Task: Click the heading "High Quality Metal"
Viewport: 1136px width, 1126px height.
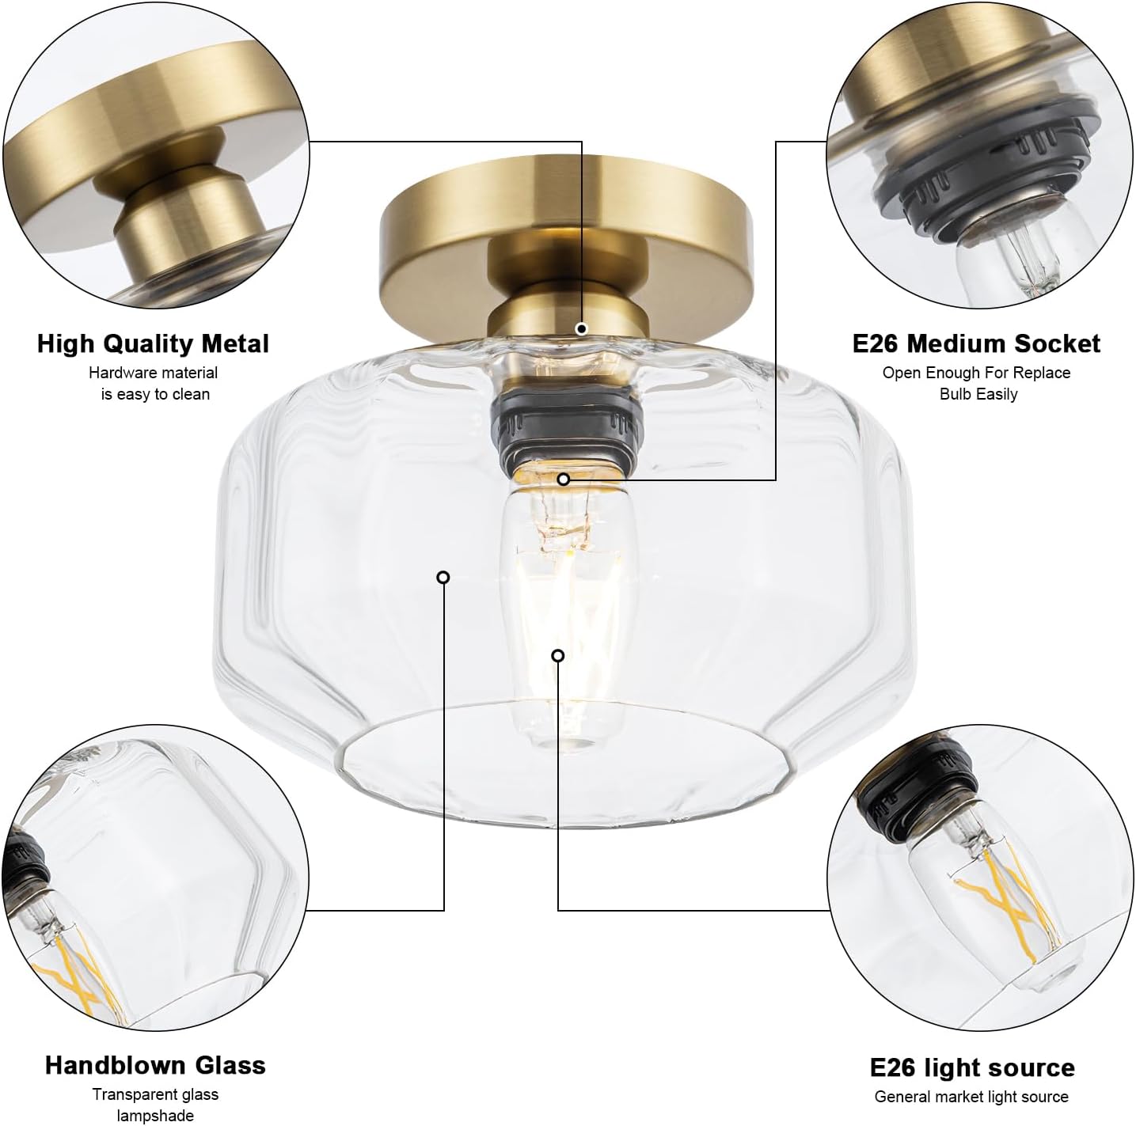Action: (153, 343)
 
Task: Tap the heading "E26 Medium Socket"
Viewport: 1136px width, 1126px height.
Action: (976, 343)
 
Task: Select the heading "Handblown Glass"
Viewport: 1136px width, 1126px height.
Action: (155, 1065)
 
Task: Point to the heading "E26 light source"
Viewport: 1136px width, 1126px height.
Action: (972, 1067)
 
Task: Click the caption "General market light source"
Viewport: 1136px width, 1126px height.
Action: (971, 1097)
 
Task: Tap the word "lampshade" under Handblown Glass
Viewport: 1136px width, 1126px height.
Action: (155, 1116)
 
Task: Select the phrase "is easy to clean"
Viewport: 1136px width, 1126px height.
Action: (155, 394)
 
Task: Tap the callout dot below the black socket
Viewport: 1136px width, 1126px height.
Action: (564, 479)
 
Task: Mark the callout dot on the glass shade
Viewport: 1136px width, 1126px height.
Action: (443, 578)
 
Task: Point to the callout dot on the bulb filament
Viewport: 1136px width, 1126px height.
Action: (558, 655)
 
